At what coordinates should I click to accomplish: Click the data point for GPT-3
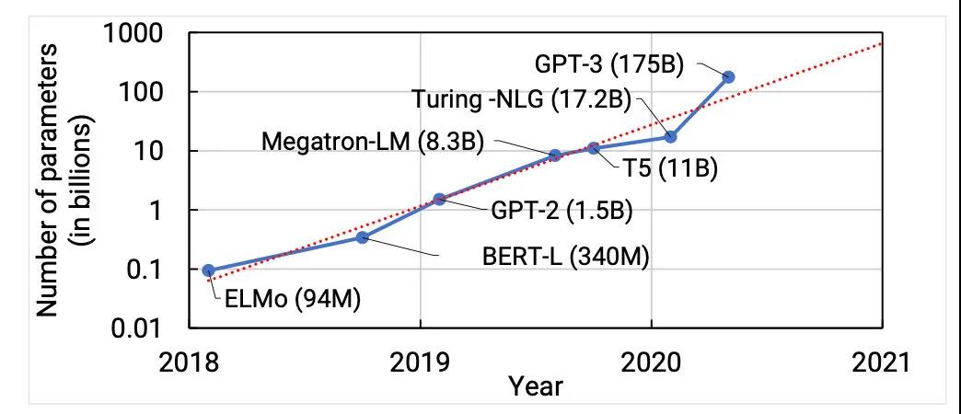[728, 76]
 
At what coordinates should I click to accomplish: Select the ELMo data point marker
[208, 270]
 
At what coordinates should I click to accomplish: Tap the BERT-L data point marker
[362, 238]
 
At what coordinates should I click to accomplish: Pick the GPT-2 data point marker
[439, 199]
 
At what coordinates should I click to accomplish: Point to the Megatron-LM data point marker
[555, 155]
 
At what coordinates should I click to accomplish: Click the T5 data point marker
[594, 148]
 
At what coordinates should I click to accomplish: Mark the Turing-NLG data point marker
[670, 136]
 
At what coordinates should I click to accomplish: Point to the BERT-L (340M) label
[566, 257]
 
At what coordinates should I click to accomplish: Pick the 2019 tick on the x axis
[420, 361]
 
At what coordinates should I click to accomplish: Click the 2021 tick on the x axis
[881, 361]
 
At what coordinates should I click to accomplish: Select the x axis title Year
[536, 386]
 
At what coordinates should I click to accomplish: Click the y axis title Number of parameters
[52, 179]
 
